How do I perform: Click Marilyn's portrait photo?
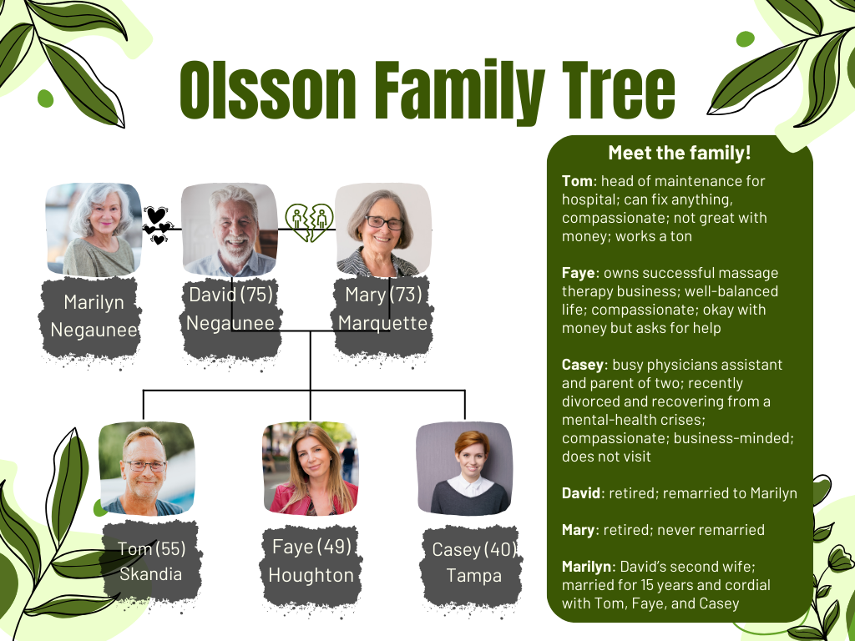pyautogui.click(x=94, y=230)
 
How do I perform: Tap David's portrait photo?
pyautogui.click(x=229, y=230)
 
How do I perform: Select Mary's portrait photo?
pyautogui.click(x=382, y=230)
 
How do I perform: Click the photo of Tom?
pyautogui.click(x=146, y=468)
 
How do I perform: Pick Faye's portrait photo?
pyautogui.click(x=310, y=468)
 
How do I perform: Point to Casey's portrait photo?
pyautogui.click(x=463, y=468)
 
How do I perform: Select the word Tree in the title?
pyautogui.click(x=613, y=90)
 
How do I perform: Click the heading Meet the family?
pyautogui.click(x=680, y=154)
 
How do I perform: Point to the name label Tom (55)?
pyautogui.click(x=151, y=548)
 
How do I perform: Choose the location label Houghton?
pyautogui.click(x=311, y=575)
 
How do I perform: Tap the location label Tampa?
pyautogui.click(x=473, y=576)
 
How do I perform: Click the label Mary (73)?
pyautogui.click(x=383, y=295)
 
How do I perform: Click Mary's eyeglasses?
pyautogui.click(x=383, y=223)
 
